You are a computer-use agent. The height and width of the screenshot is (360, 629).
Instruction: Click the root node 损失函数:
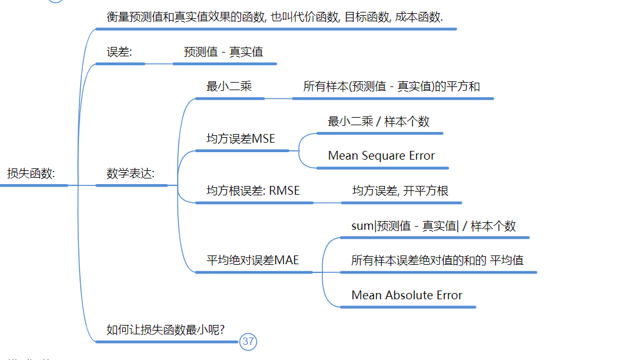pyautogui.click(x=31, y=173)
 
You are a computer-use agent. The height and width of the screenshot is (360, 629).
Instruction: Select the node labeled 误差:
pyautogui.click(x=119, y=52)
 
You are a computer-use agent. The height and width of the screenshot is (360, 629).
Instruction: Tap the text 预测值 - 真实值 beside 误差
pyautogui.click(x=223, y=52)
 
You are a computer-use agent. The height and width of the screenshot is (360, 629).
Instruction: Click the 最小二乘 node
pyautogui.click(x=229, y=86)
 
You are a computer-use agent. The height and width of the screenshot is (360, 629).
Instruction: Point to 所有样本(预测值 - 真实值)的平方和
pyautogui.click(x=391, y=86)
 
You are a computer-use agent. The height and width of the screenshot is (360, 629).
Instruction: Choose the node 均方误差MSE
pyautogui.click(x=240, y=139)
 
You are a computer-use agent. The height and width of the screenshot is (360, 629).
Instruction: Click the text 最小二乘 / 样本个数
pyautogui.click(x=378, y=121)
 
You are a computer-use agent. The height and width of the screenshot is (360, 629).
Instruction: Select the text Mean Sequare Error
pyautogui.click(x=381, y=156)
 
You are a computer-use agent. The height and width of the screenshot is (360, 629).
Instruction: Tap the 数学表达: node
pyautogui.click(x=130, y=173)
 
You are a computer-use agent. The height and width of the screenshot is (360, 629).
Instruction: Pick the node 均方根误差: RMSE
pyautogui.click(x=253, y=191)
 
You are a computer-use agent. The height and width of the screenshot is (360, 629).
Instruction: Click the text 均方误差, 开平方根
pyautogui.click(x=401, y=191)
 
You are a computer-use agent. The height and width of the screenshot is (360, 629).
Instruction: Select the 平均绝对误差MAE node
pyautogui.click(x=252, y=260)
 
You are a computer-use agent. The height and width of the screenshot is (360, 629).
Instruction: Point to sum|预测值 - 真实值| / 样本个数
pyautogui.click(x=433, y=226)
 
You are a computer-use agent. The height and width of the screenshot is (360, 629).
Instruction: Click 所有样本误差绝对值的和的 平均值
pyautogui.click(x=437, y=260)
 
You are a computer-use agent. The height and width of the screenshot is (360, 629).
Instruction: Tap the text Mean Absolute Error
pyautogui.click(x=407, y=295)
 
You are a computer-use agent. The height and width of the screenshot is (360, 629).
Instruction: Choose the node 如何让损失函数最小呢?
pyautogui.click(x=165, y=329)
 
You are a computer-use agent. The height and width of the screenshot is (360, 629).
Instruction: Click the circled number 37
pyautogui.click(x=248, y=341)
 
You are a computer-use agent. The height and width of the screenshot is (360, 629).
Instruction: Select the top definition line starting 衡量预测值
pyautogui.click(x=275, y=17)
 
